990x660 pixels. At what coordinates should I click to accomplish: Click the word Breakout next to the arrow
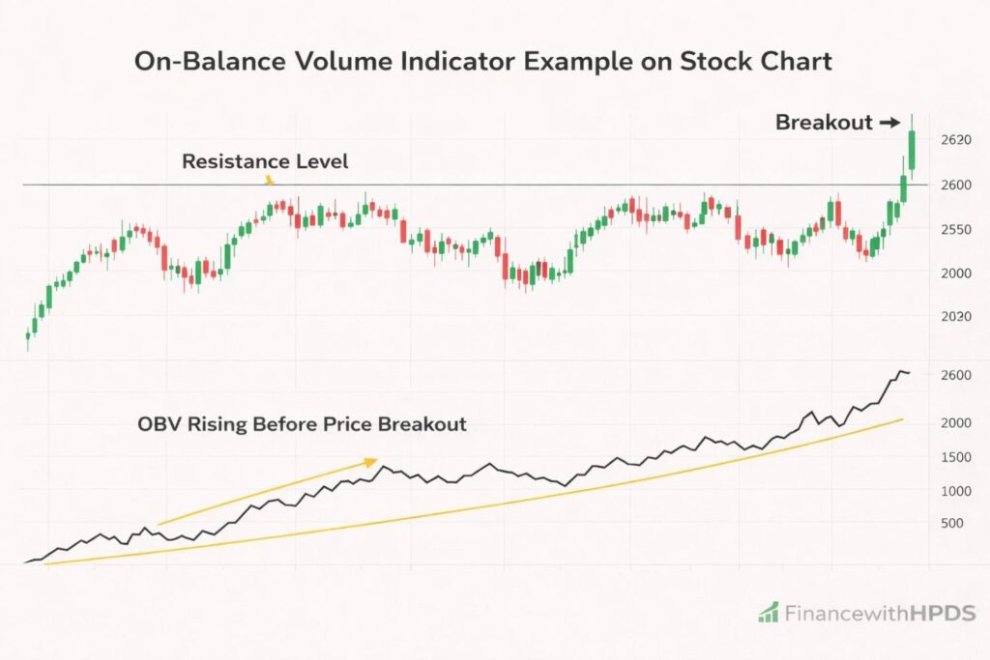click(x=820, y=123)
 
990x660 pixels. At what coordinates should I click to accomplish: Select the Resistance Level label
click(x=265, y=161)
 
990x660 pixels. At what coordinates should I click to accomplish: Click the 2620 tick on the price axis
click(x=955, y=140)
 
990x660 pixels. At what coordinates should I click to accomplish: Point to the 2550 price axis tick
click(x=955, y=229)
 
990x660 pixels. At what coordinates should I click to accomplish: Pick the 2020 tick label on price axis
click(x=955, y=317)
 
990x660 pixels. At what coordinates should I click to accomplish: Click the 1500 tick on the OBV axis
click(x=955, y=457)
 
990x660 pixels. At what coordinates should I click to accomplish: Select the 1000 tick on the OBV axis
click(x=955, y=491)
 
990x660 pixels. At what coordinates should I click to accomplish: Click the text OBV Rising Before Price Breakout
click(x=301, y=424)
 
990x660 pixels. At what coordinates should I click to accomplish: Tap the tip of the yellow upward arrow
click(x=376, y=461)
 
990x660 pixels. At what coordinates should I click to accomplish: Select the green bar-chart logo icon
click(x=769, y=612)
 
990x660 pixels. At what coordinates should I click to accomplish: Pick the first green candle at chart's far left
click(x=27, y=335)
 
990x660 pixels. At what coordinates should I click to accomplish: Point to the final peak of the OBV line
click(x=901, y=371)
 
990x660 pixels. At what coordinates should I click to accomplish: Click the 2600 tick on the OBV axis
click(x=955, y=375)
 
